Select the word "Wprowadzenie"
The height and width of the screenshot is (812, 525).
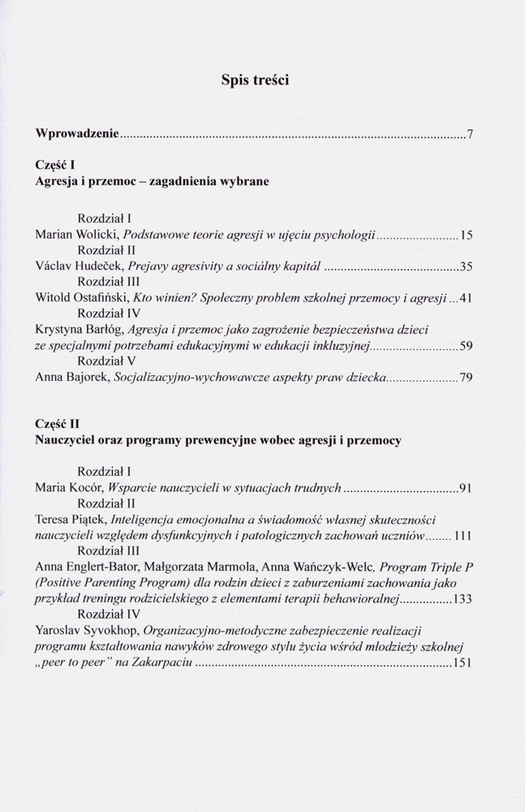click(x=78, y=133)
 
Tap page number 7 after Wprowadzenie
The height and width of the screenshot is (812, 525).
click(x=470, y=134)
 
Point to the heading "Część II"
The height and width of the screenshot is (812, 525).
click(x=58, y=424)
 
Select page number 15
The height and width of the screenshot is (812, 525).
click(x=466, y=235)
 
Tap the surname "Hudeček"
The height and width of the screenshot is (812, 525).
click(x=101, y=266)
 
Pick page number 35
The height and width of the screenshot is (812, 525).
click(x=466, y=266)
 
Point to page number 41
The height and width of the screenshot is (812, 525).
click(x=466, y=299)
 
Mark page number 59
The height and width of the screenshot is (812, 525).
click(x=466, y=347)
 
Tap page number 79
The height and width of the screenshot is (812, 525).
click(x=466, y=378)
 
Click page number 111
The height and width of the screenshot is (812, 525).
click(x=463, y=537)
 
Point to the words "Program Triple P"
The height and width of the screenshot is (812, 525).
click(x=426, y=568)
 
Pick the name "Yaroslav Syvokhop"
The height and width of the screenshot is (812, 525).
click(x=87, y=631)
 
